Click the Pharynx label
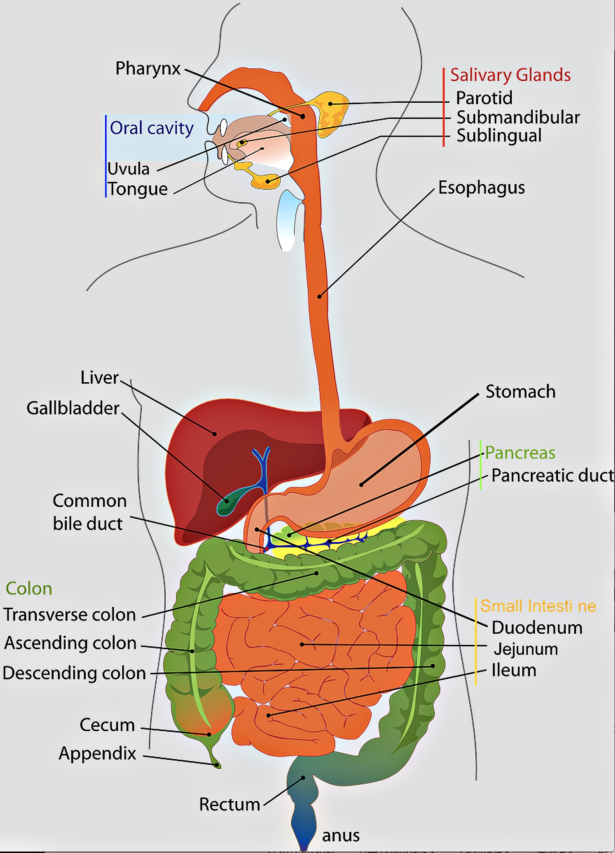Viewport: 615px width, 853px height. pyautogui.click(x=148, y=69)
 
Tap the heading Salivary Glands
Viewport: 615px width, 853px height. pyautogui.click(x=510, y=75)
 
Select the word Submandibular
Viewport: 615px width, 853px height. pyautogui.click(x=518, y=117)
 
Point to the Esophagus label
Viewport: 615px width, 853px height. pyautogui.click(x=482, y=188)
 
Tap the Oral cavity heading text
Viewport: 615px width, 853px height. pyautogui.click(x=151, y=128)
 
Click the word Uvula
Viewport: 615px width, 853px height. pyautogui.click(x=128, y=169)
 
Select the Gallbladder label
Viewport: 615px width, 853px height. pyautogui.click(x=73, y=408)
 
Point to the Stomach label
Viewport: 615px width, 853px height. pyautogui.click(x=520, y=392)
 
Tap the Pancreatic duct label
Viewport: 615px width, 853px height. pyautogui.click(x=553, y=475)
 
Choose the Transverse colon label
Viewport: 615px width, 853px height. pyautogui.click(x=70, y=615)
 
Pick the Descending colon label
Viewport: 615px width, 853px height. pyautogui.click(x=74, y=673)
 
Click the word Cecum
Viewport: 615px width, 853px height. pyautogui.click(x=107, y=725)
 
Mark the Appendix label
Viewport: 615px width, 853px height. pyautogui.click(x=97, y=754)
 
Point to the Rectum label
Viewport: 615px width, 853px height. pyautogui.click(x=229, y=804)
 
